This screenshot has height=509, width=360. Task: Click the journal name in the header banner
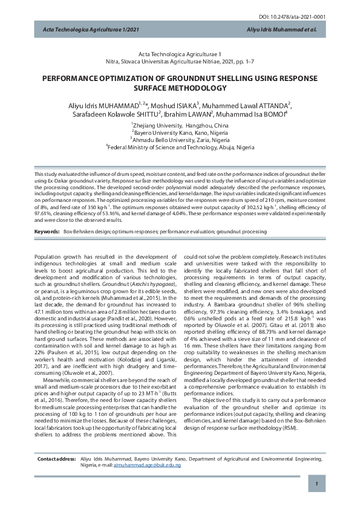coord(83,29)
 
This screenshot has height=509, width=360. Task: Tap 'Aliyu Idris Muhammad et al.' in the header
coord(282,29)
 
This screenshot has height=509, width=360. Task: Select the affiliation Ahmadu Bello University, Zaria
coord(180,139)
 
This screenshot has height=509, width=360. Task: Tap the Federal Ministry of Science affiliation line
coord(180,146)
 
